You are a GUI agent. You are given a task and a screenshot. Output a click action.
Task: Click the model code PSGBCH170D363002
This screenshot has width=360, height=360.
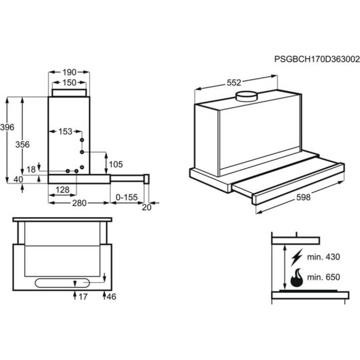[x=317, y=59]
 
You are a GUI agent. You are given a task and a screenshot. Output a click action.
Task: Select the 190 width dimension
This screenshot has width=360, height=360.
[x=69, y=73]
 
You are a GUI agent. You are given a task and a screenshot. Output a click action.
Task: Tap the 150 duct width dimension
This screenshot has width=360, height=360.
[x=69, y=82]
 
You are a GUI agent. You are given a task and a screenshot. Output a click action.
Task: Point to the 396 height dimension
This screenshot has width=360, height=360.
[x=7, y=127]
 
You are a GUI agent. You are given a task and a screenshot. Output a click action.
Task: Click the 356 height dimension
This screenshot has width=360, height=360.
[x=23, y=145]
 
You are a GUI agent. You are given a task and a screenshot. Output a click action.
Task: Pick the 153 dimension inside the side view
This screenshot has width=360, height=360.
[x=65, y=132]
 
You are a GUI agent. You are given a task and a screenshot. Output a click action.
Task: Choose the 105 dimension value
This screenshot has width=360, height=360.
[x=116, y=165]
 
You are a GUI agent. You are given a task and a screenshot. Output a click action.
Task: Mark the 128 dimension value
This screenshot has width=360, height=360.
[x=62, y=190]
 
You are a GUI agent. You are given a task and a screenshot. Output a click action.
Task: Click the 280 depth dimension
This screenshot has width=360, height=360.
[x=79, y=203]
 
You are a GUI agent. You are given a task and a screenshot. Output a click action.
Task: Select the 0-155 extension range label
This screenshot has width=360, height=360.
[x=127, y=197]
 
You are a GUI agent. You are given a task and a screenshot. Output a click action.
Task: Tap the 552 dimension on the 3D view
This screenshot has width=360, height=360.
[x=234, y=83]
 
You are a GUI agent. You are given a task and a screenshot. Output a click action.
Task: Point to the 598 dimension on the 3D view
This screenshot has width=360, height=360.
[x=303, y=197]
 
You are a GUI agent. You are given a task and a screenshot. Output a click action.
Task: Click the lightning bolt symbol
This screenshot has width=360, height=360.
[x=296, y=257]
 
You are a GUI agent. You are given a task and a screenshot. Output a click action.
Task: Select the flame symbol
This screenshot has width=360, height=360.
[x=297, y=278]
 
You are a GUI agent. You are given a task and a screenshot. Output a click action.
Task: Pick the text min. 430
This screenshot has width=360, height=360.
[x=323, y=257]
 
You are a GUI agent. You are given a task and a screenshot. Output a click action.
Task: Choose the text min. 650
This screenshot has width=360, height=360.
[x=323, y=277]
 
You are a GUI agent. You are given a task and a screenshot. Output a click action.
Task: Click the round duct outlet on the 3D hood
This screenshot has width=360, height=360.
[x=246, y=96]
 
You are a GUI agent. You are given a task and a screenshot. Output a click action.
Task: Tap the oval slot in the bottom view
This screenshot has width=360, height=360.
[x=62, y=283]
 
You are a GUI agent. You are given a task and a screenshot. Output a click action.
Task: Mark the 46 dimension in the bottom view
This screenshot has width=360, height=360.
[x=112, y=297]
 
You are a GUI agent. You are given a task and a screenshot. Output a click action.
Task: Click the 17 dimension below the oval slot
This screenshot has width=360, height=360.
[x=83, y=297]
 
